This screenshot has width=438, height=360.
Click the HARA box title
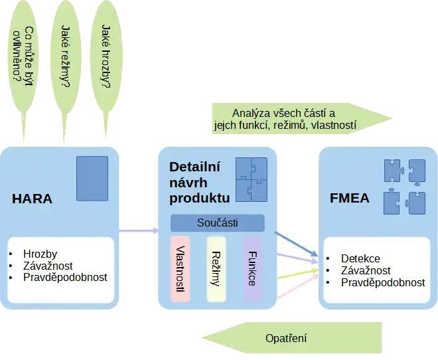[x=32, y=198]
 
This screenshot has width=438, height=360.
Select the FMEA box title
[x=349, y=198]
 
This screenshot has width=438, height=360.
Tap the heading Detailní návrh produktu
[x=199, y=182]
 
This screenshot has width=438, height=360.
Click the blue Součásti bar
[x=218, y=223]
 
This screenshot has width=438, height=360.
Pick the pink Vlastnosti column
[x=181, y=268]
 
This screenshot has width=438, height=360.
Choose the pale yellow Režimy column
[x=216, y=268]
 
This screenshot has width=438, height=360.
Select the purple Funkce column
[x=253, y=268]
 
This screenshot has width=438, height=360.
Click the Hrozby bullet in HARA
[x=40, y=254]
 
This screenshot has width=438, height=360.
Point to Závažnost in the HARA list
[x=48, y=266]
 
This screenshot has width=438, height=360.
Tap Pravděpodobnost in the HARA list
[x=64, y=278]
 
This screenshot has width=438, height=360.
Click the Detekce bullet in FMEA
[x=360, y=258]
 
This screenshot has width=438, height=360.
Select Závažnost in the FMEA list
[x=366, y=270]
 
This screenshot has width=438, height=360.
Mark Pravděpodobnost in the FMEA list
[x=383, y=282]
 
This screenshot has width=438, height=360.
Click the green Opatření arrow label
[x=286, y=338]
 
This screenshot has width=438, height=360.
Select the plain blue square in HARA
[x=92, y=179]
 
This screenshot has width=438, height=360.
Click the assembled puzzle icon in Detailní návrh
[x=252, y=179]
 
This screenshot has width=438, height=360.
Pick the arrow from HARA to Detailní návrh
[x=139, y=231]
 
